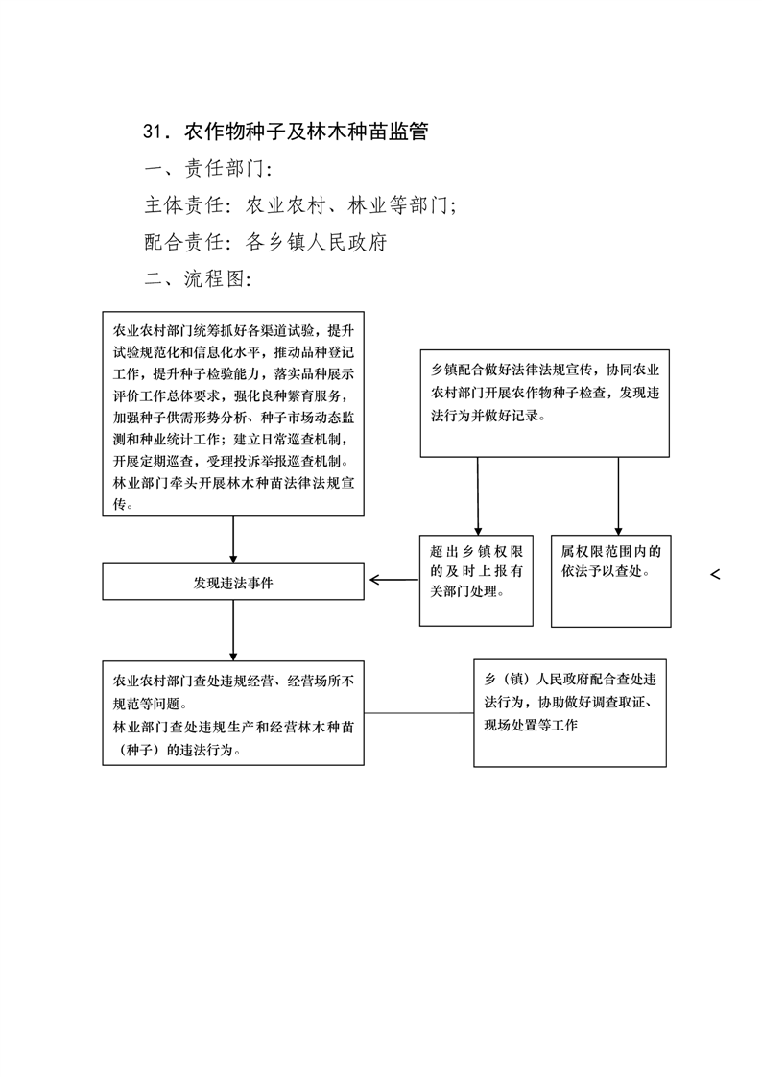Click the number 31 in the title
(153, 131)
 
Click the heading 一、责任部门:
(208, 168)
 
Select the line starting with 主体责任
(300, 204)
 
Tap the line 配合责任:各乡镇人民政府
(266, 242)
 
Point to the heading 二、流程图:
(198, 278)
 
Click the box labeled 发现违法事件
(233, 582)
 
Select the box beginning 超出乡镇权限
(476, 581)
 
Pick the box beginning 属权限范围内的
(611, 581)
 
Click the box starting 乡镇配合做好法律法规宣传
(545, 403)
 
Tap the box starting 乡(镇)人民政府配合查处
(570, 713)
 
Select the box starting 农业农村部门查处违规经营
(233, 713)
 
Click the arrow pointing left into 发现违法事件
(394, 580)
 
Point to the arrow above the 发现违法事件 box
(233, 539)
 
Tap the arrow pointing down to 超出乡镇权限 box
(478, 496)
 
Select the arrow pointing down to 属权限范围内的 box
(618, 496)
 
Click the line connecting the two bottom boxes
(418, 713)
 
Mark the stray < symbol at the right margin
(715, 574)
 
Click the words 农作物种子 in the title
(235, 131)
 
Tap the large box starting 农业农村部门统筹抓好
(233, 414)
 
